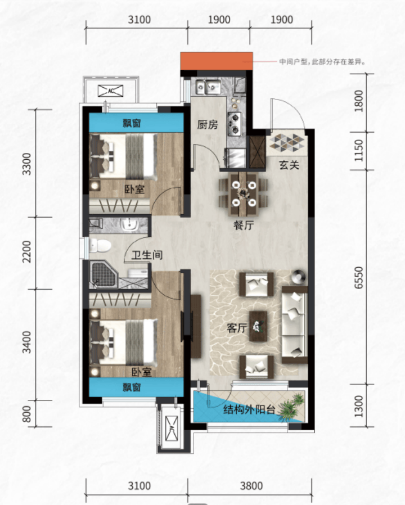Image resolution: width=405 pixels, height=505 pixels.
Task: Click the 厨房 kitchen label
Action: click(208, 125)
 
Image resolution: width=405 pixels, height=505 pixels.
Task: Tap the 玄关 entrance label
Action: click(289, 165)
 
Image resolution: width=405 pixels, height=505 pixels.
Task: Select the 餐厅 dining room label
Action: click(244, 225)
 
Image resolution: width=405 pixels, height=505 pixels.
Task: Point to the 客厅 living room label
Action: click(237, 328)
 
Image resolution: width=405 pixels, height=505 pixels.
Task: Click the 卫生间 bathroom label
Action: click(147, 255)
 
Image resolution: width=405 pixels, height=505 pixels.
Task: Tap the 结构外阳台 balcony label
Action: click(249, 409)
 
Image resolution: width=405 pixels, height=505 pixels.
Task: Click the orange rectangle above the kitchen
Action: click(217, 61)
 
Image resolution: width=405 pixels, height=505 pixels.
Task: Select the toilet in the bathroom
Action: click(100, 246)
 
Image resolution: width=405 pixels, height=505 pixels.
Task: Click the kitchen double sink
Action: click(208, 86)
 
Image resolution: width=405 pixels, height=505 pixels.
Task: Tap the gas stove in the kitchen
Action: click(235, 124)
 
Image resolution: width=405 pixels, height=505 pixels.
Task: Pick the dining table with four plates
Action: click(244, 193)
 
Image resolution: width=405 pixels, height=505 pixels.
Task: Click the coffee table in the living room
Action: click(258, 326)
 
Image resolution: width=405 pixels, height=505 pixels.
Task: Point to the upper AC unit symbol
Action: click(110, 91)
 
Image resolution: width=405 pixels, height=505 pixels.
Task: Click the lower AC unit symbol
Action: click(172, 428)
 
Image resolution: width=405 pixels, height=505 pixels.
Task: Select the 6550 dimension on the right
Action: click(358, 278)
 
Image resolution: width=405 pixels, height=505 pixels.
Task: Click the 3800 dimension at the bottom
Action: click(251, 485)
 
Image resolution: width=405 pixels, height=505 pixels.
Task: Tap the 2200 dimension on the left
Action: click(27, 251)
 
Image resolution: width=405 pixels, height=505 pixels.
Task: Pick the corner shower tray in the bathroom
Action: click(103, 275)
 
